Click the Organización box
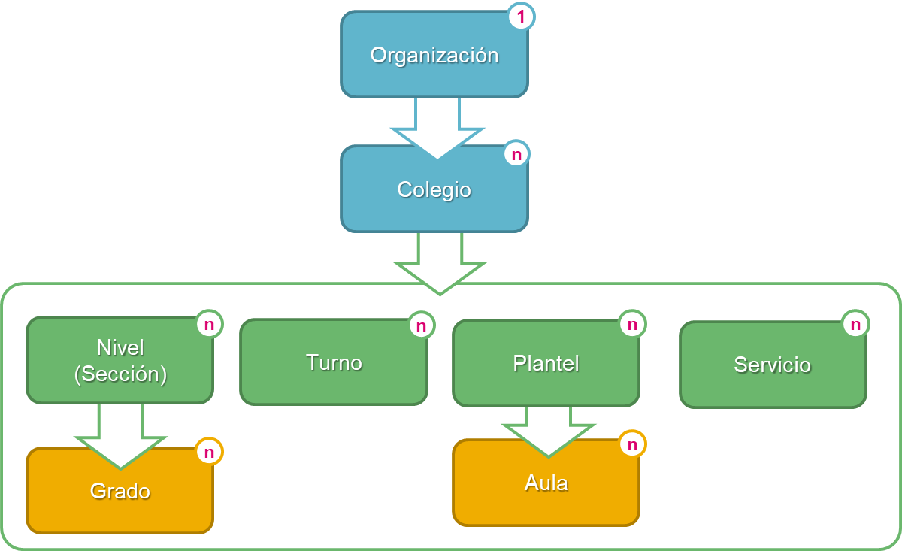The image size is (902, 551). pyautogui.click(x=434, y=55)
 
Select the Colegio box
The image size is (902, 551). pyautogui.click(x=434, y=189)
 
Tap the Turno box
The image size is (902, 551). pyautogui.click(x=334, y=362)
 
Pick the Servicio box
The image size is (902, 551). pyautogui.click(x=772, y=365)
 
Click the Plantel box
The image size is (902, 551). pyautogui.click(x=546, y=363)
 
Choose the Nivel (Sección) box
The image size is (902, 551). pyautogui.click(x=120, y=360)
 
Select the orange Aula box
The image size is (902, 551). pyautogui.click(x=546, y=489)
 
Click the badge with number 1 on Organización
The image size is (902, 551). pyautogui.click(x=521, y=17)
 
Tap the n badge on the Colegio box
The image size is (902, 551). pyautogui.click(x=516, y=154)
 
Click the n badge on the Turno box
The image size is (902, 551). pyautogui.click(x=421, y=325)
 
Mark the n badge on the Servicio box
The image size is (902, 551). pyautogui.click(x=855, y=324)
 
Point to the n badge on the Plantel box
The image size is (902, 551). pyautogui.click(x=632, y=324)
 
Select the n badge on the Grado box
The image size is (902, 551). pyautogui.click(x=209, y=452)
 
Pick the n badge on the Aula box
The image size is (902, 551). pyautogui.click(x=632, y=444)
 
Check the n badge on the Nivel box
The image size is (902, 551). pyautogui.click(x=209, y=325)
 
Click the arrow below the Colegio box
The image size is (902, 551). pyautogui.click(x=440, y=263)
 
